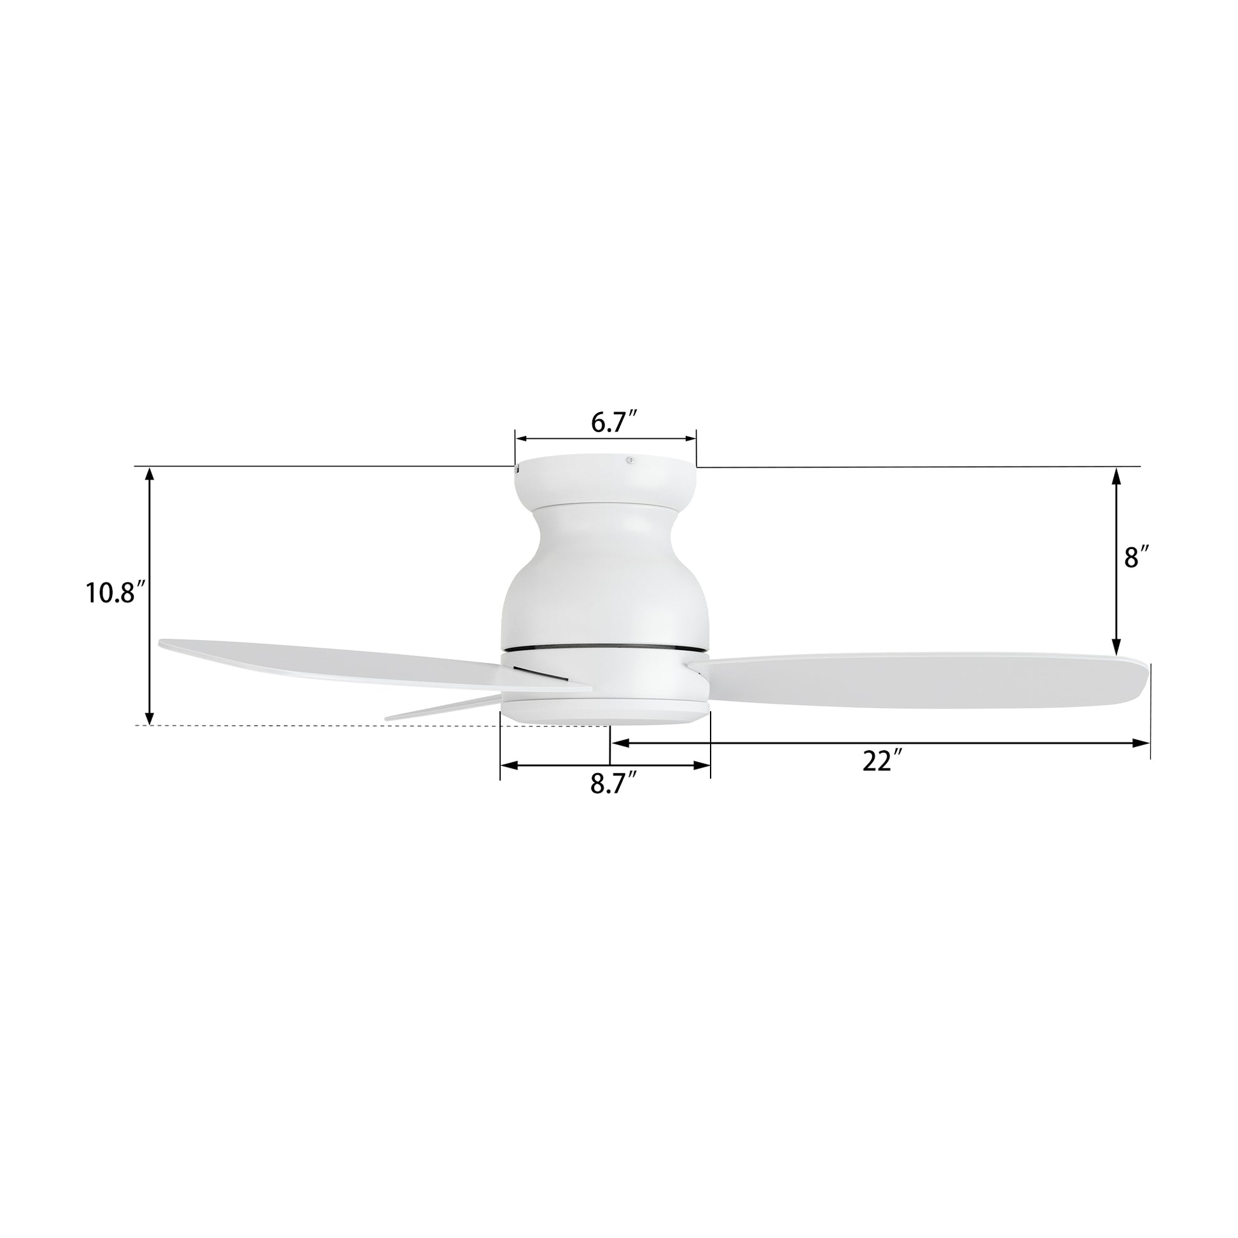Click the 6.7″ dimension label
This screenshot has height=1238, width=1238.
coord(613,423)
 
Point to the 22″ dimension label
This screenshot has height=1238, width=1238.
coord(877,762)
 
